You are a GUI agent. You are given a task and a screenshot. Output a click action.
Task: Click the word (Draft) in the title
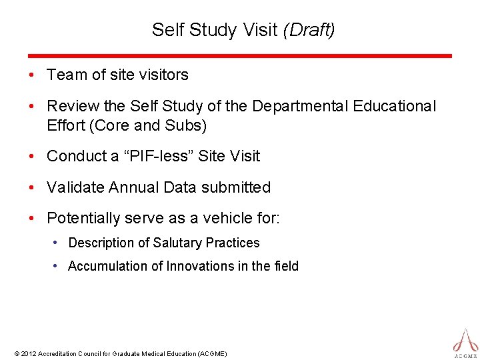[309, 30]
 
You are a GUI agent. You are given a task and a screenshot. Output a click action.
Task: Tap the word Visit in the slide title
[262, 30]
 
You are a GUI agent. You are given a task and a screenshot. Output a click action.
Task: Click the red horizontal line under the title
[240, 56]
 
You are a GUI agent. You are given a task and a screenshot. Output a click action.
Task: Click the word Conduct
[73, 156]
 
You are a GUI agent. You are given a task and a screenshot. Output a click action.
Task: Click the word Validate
[73, 187]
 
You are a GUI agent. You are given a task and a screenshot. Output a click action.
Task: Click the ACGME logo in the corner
[465, 341]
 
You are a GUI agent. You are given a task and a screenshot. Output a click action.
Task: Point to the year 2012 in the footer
[29, 353]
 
